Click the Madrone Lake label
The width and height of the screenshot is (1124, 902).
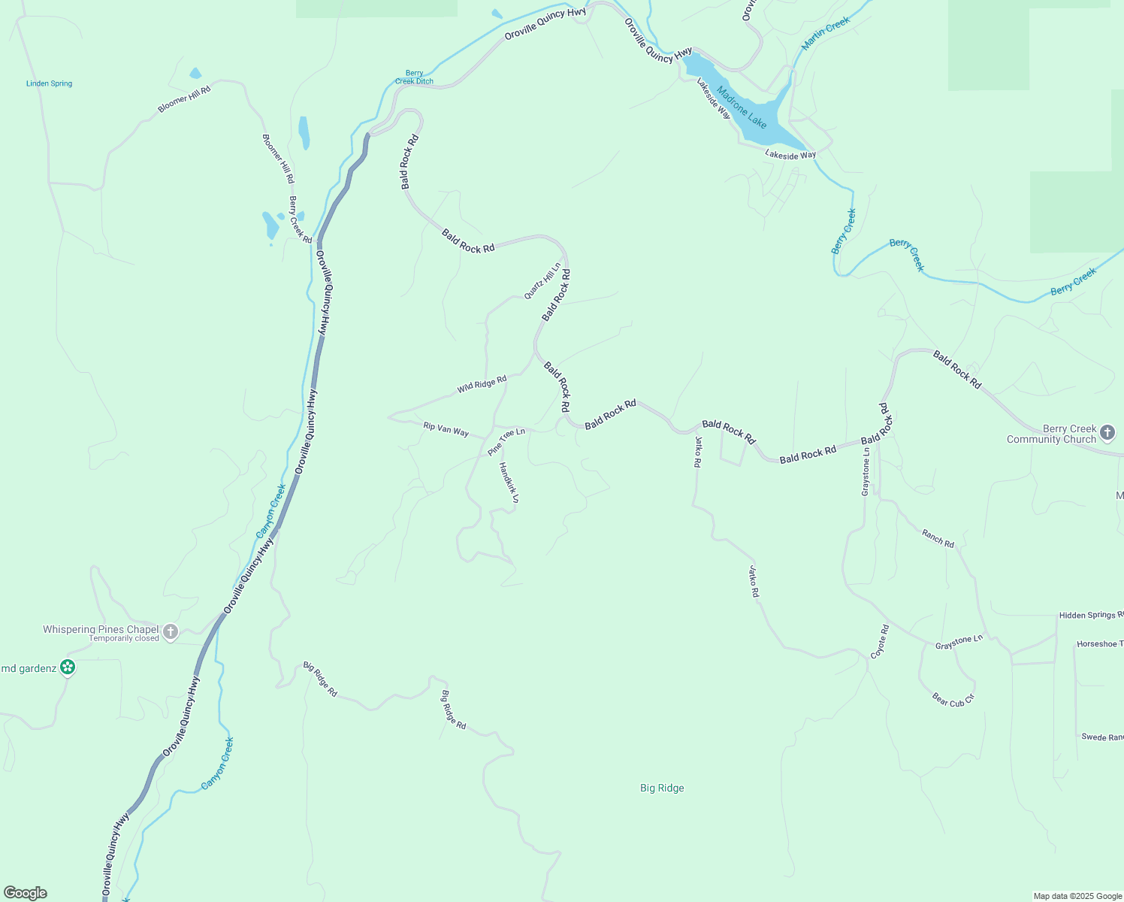coord(742,107)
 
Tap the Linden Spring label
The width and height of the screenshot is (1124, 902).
coord(50,83)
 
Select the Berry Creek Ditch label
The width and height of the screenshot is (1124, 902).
coord(414,77)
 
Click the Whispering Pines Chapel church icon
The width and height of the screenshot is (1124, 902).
coord(171,632)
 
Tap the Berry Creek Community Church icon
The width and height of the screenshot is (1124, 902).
coord(1108,432)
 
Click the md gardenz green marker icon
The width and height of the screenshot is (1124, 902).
coord(68,667)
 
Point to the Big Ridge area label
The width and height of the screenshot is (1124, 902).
coord(662,788)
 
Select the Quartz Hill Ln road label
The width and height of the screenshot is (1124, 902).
coord(542,281)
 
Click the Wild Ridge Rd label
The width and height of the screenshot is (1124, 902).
coord(482,384)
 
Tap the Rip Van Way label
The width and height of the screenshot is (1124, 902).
coord(446,429)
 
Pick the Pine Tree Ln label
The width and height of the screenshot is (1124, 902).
coord(506,441)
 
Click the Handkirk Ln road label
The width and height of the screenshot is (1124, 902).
coord(509,483)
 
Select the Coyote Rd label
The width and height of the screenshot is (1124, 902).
coord(880,642)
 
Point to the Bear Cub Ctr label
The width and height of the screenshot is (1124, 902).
coord(953,700)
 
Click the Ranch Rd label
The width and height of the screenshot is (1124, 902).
coord(938,538)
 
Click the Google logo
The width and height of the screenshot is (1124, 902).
coord(26,893)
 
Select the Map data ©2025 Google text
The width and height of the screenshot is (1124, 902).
coord(1077,896)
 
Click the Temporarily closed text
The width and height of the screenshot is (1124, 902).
coord(124,639)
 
